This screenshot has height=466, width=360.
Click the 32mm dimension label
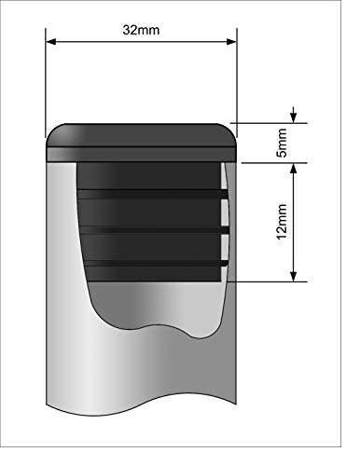pyautogui.click(x=141, y=30)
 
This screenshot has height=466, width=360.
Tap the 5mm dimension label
pyautogui.click(x=283, y=143)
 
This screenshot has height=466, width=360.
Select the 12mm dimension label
pyautogui.click(x=282, y=222)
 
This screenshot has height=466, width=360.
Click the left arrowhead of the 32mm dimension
pyautogui.click(x=50, y=42)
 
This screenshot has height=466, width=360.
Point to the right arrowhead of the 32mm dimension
pyautogui.click(x=231, y=42)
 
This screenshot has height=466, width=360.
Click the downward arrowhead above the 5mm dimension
pyautogui.click(x=294, y=117)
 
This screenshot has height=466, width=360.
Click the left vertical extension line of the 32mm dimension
pyautogui.click(x=46, y=83)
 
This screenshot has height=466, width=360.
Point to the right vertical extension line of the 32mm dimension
pyautogui.click(x=237, y=83)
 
